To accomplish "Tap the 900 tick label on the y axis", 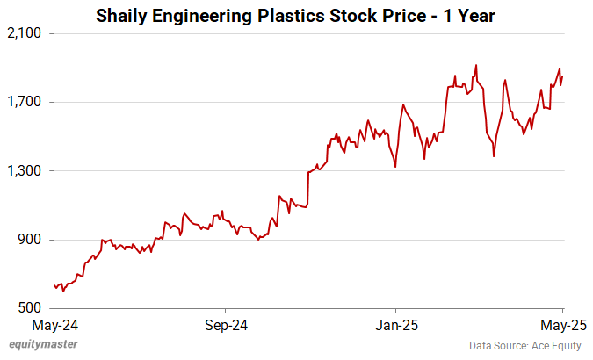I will point(33,240).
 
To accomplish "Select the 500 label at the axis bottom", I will point(33,308).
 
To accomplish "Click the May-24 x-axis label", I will point(54,325).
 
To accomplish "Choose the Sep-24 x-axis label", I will point(225,325).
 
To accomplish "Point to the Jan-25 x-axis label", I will point(395,325).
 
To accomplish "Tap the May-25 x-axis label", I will point(562,325).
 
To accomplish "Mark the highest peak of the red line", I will point(475,65).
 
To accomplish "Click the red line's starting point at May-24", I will point(54,285).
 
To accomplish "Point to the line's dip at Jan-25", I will point(395,166).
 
